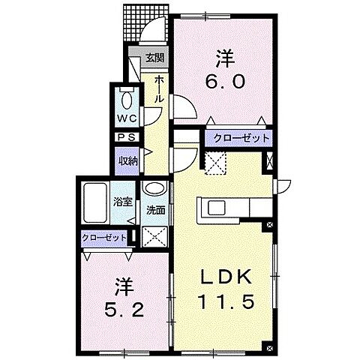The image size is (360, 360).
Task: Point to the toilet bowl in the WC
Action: (125, 100)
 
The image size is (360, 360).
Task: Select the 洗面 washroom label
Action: (155, 210)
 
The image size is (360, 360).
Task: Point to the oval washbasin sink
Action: (155, 190)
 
